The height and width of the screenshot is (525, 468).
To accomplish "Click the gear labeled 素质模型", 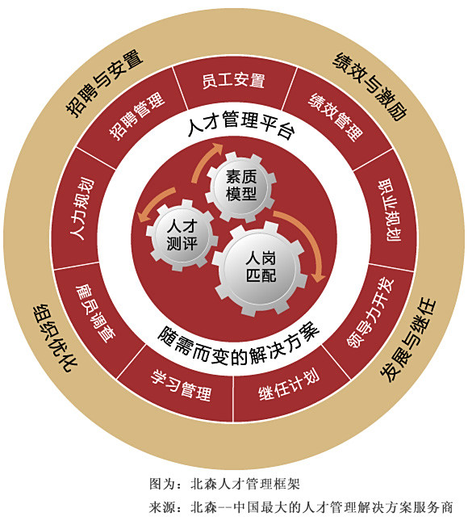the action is point(241,187).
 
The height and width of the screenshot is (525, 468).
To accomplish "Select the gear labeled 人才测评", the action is point(182,235).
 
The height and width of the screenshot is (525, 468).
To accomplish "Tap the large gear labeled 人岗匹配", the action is point(261,268).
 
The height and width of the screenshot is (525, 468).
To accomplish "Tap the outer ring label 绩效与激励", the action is point(370,86).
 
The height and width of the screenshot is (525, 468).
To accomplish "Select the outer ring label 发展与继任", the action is point(409,340).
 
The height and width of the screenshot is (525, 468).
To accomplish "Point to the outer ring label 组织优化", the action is point(56,338).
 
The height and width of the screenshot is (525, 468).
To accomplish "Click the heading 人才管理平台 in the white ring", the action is point(241,124).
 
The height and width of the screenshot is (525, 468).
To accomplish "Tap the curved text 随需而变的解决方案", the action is point(238,345).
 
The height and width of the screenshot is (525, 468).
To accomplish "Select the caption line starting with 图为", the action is point(224,484).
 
